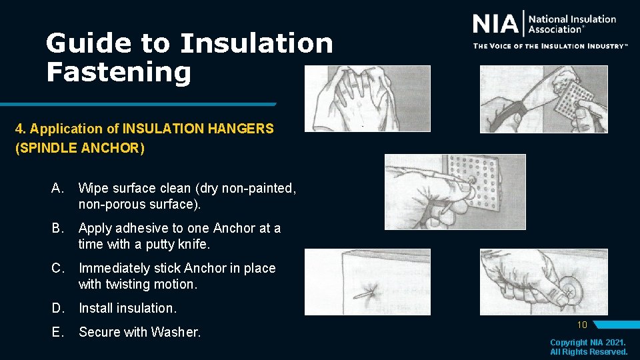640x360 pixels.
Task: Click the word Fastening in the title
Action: [118, 72]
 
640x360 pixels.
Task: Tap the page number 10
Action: [581, 325]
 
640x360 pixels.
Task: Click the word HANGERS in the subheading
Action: [240, 129]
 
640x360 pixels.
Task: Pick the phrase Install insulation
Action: [128, 308]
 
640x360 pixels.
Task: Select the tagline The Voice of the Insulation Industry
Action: [550, 46]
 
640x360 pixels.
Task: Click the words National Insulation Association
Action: [572, 24]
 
